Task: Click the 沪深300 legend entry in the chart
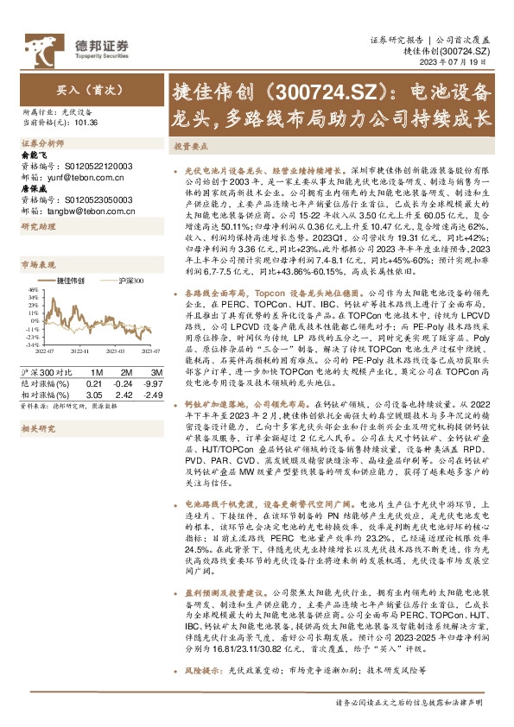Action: click(x=130, y=281)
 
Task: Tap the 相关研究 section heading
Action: click(x=38, y=428)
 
